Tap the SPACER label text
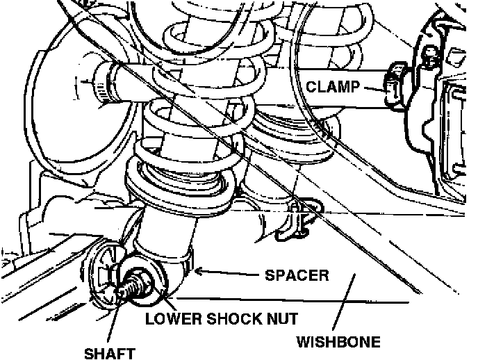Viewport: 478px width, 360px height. point(297,275)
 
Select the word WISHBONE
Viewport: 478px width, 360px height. point(339,342)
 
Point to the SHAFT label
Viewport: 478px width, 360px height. point(109,353)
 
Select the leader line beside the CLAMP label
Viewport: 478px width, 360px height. point(372,88)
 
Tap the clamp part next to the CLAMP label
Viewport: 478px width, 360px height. point(395,87)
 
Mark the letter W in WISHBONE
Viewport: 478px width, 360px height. point(304,342)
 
